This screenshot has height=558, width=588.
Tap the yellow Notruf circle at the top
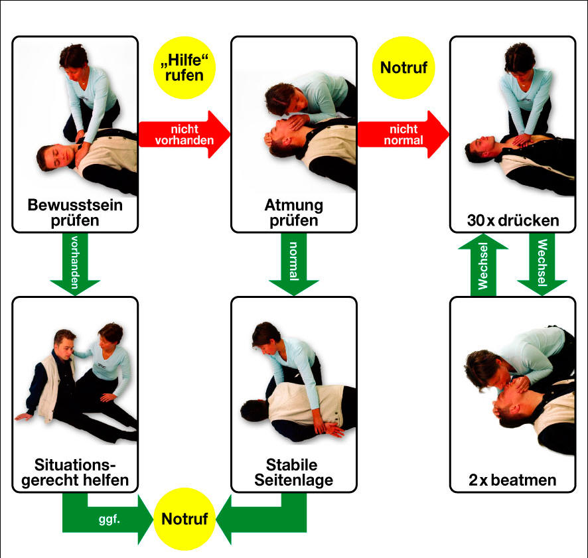click(x=403, y=68)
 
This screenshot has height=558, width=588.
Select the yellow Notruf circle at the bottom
click(x=184, y=519)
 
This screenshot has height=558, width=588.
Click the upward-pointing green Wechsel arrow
click(x=483, y=265)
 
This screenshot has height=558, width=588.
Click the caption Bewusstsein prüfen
click(x=75, y=212)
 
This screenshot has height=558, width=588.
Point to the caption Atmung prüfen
click(x=293, y=212)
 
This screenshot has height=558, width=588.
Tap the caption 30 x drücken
click(x=512, y=220)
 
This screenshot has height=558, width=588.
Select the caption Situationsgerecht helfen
click(x=75, y=470)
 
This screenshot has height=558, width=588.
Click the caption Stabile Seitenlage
click(x=293, y=470)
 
